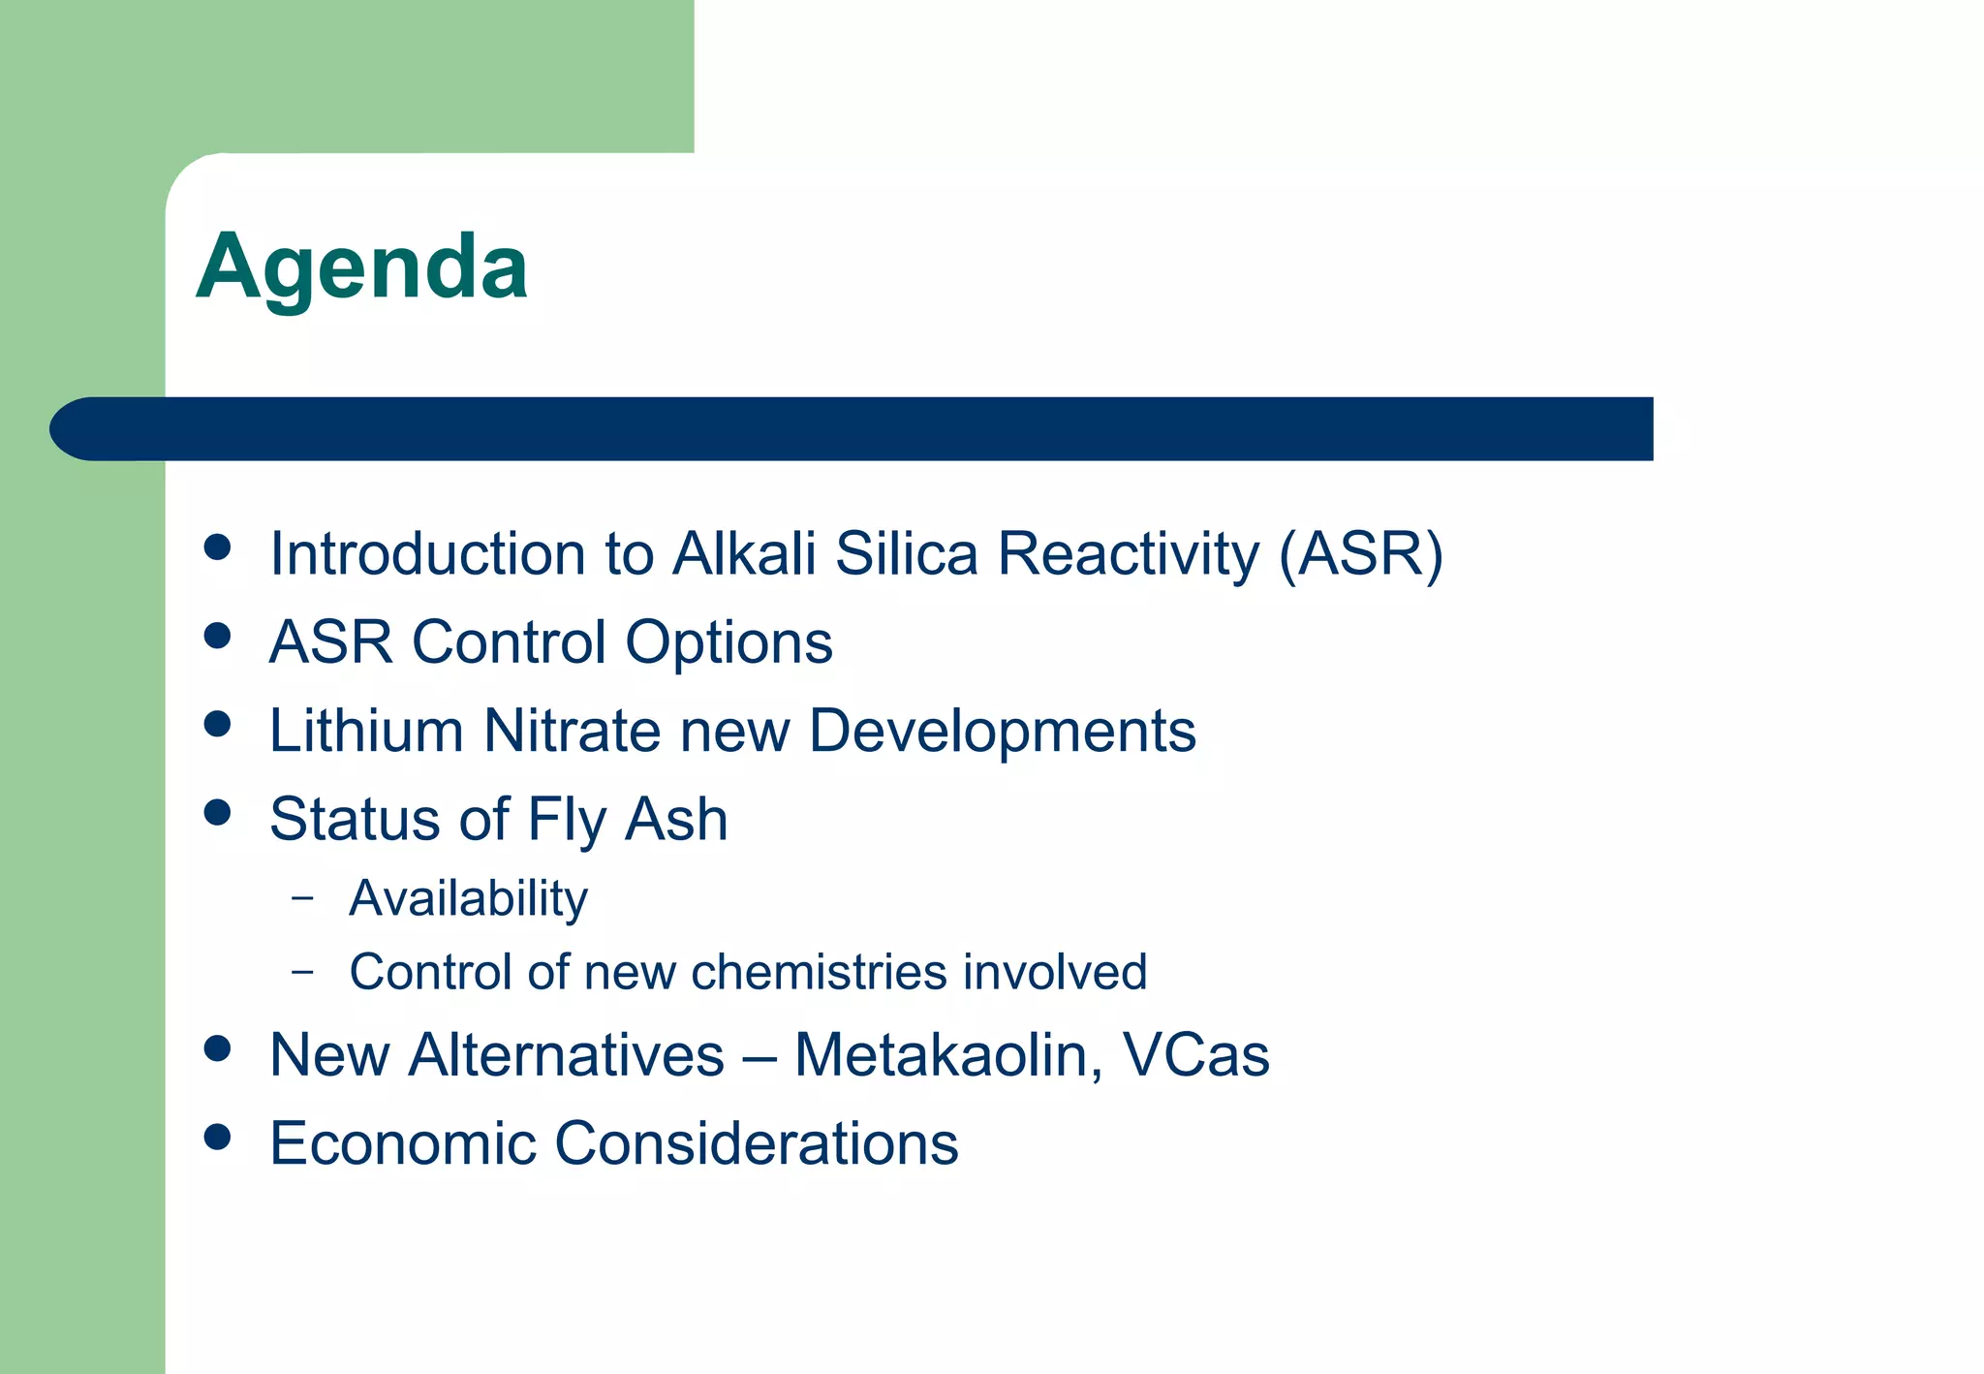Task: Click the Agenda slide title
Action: click(361, 267)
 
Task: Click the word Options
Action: click(728, 642)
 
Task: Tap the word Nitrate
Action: click(572, 731)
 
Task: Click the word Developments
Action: click(1002, 731)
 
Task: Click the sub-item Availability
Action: click(468, 898)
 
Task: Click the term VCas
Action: click(1195, 1055)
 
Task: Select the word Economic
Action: click(402, 1143)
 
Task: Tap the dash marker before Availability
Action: click(302, 898)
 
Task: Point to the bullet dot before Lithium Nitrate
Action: click(218, 724)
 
